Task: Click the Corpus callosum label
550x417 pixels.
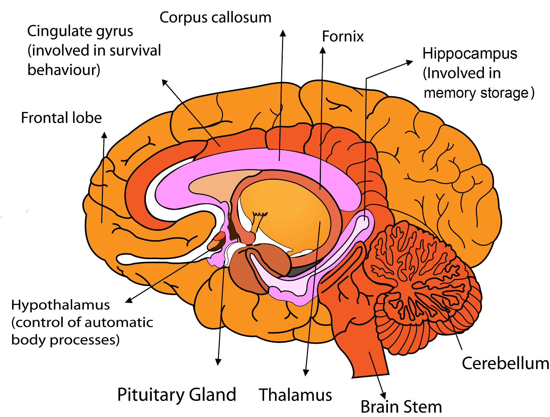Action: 215,18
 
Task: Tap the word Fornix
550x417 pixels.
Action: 342,37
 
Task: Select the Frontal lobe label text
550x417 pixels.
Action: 61,118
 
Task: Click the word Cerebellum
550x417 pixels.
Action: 505,364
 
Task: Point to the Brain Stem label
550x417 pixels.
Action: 401,407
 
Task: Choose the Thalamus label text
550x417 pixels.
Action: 296,395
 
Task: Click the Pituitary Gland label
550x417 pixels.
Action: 177,395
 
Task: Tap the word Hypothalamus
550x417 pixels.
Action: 60,305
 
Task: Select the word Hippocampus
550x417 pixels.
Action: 470,53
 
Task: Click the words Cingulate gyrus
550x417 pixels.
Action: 80,31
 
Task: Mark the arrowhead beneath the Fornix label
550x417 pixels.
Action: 323,50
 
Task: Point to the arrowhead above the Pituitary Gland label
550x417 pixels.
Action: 219,362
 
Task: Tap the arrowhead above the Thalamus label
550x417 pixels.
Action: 306,373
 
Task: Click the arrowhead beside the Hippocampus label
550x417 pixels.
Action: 410,63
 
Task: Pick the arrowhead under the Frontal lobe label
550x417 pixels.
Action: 104,135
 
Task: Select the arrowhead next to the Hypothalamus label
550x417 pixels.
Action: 129,301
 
